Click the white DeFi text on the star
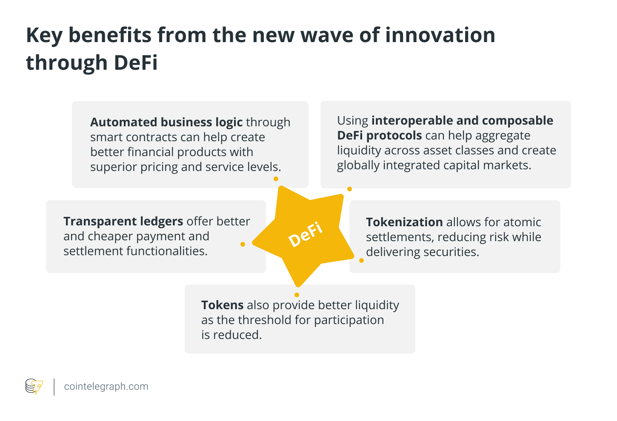pos(305,234)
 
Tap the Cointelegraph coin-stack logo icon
pos(34,386)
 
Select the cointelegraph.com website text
pos(106,386)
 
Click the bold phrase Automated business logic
pos(166,122)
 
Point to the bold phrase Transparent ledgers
pos(123,221)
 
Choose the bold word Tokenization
pos(404,222)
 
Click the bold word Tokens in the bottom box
pos(222,305)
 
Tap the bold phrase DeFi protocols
pos(380,135)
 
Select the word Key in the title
pos(44,36)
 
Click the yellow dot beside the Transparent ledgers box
pos(243,244)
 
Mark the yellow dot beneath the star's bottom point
pos(297,295)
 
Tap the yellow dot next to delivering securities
pos(361,261)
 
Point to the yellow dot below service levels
pos(276,179)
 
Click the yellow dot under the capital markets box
pos(349,189)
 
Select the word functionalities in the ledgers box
pos(167,251)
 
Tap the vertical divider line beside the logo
pos(54,387)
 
